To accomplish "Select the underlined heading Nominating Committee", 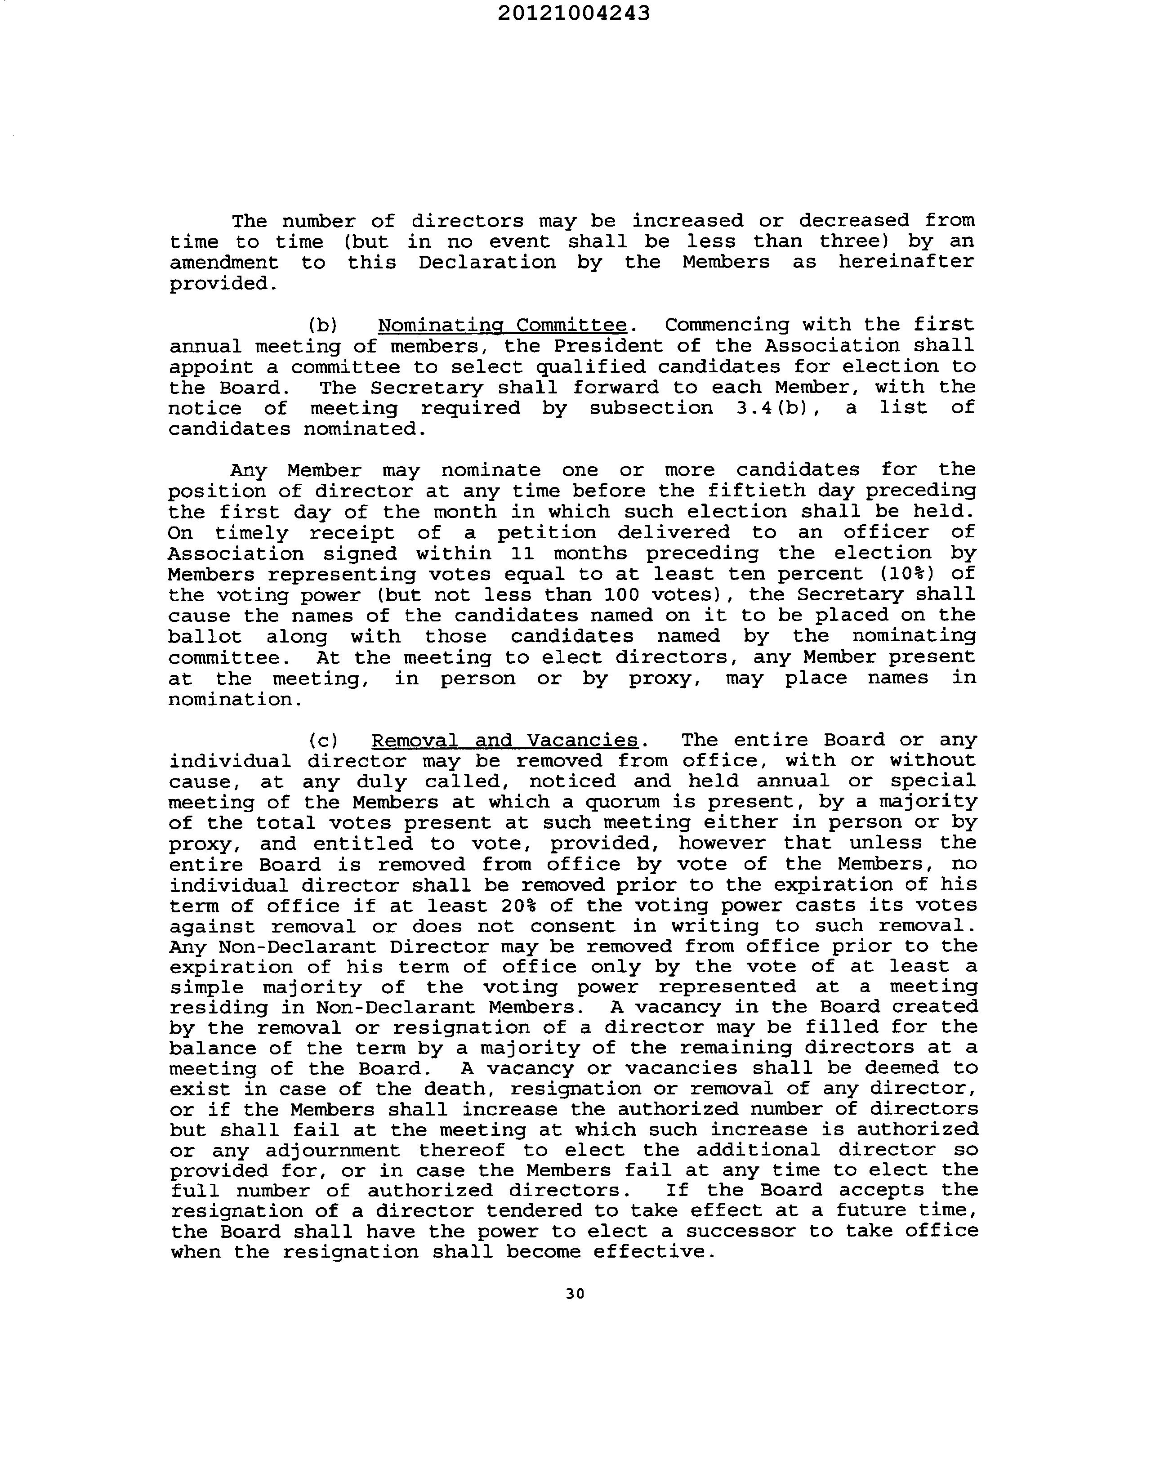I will pos(502,325).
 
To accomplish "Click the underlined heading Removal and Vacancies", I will pos(505,740).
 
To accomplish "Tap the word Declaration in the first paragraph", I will pos(486,262).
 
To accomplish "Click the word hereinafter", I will pos(906,262).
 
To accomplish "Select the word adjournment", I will pos(333,1151).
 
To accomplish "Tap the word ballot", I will pos(205,637).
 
